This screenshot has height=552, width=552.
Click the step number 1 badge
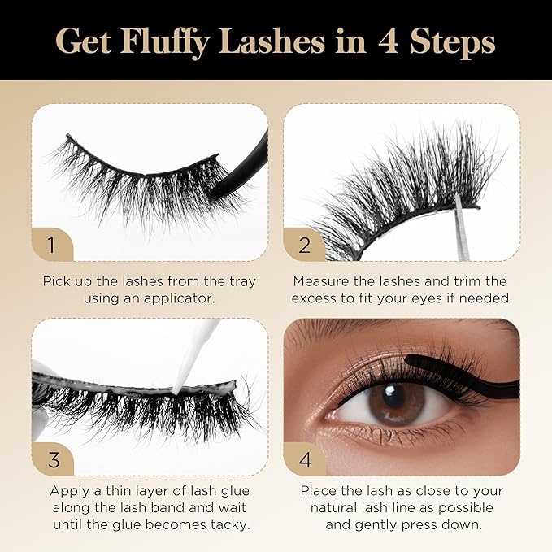coord(52,242)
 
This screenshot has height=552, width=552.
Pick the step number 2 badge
coord(305,242)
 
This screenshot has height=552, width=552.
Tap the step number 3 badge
coord(54,459)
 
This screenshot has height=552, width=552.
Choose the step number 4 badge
coord(305,459)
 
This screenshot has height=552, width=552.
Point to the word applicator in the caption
coord(184,299)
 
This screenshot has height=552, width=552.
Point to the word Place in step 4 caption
coord(319,491)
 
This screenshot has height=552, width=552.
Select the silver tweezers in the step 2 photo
coord(460,228)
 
